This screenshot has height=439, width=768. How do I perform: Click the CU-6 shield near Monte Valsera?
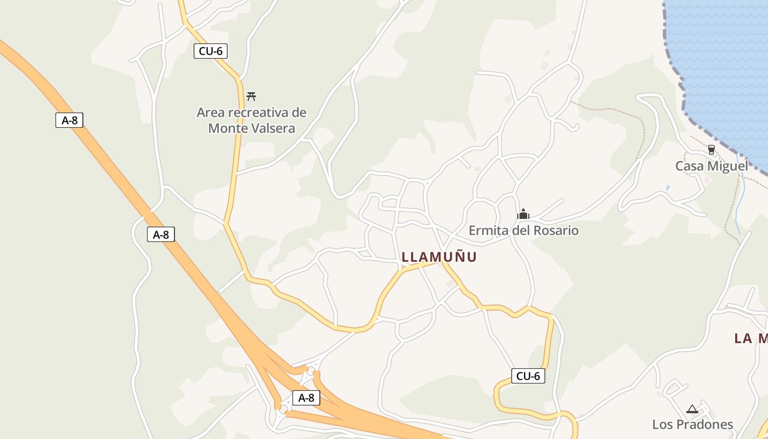tap(210, 51)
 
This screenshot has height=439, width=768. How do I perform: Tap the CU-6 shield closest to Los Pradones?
tap(528, 376)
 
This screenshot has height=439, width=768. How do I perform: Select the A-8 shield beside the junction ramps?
tap(306, 398)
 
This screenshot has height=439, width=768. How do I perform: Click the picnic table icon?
tap(251, 96)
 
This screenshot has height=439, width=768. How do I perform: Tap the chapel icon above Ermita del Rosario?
tap(523, 214)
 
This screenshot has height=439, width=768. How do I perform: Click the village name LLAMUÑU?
tap(439, 257)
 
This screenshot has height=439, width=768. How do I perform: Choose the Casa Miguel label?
tap(711, 166)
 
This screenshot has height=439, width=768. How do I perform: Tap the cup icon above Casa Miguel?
tap(711, 149)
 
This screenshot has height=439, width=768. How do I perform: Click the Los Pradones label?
tap(692, 424)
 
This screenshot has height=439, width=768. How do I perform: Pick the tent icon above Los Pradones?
tap(692, 409)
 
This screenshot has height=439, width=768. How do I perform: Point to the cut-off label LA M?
tap(750, 338)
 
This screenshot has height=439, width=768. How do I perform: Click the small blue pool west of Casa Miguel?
tap(668, 187)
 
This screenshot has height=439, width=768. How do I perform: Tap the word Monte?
tap(224, 128)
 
